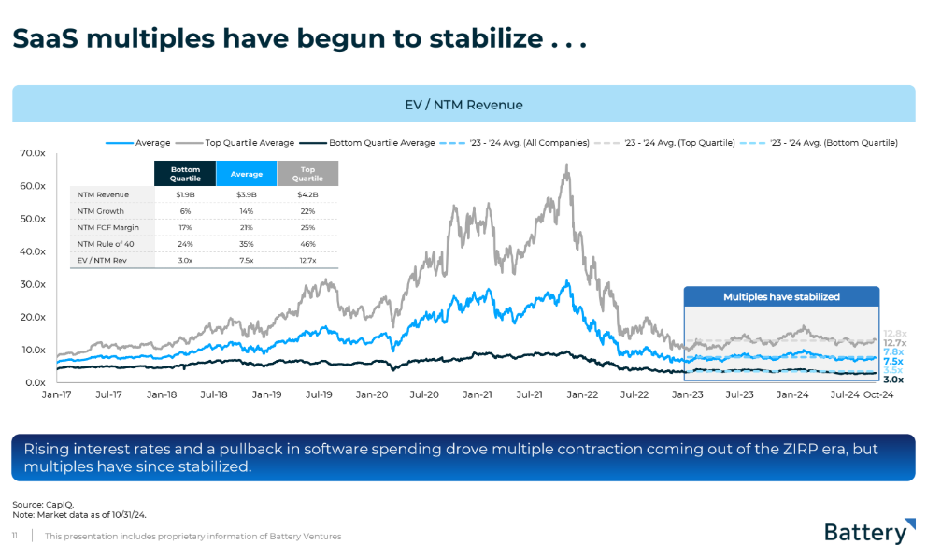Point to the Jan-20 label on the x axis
(x=372, y=394)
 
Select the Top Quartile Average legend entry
(x=250, y=143)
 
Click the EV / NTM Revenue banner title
(x=463, y=105)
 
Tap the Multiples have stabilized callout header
(x=781, y=296)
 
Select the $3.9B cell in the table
(x=246, y=194)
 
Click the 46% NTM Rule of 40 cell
(x=307, y=244)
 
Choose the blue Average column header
(x=246, y=174)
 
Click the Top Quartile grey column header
(x=307, y=174)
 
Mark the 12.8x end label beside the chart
(x=894, y=333)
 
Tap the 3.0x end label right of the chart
(x=892, y=380)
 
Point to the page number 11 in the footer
(x=15, y=537)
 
